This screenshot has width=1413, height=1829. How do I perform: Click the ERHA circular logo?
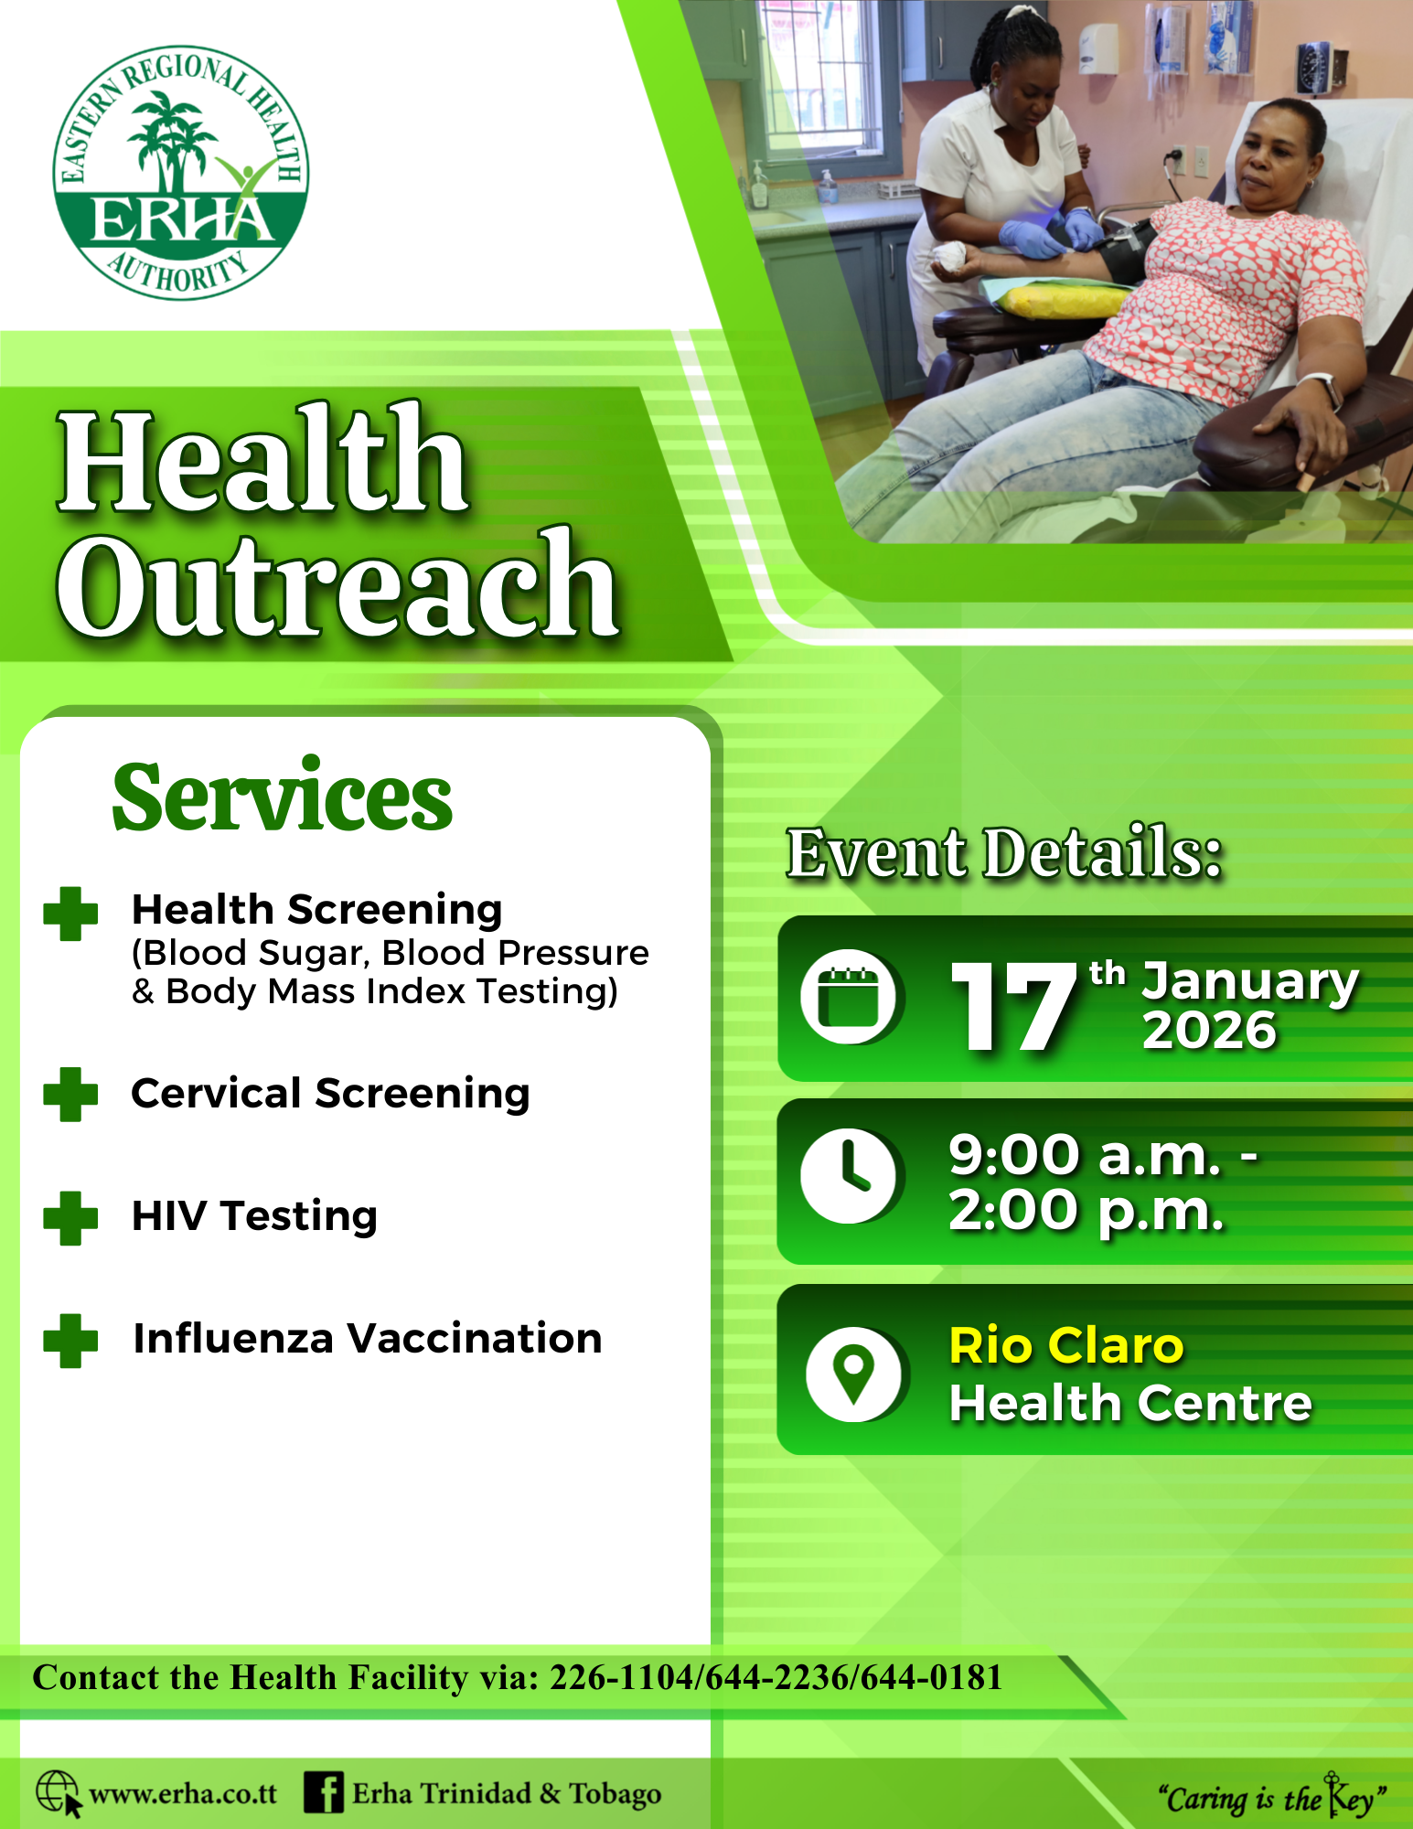click(x=181, y=173)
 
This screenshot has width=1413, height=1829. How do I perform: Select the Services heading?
click(x=282, y=796)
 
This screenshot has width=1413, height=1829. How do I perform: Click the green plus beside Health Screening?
click(x=70, y=914)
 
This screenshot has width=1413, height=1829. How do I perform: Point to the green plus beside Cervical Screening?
click(x=70, y=1095)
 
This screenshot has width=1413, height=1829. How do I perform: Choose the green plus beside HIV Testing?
click(x=70, y=1218)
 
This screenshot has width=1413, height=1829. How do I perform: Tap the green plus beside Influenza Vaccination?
click(x=70, y=1341)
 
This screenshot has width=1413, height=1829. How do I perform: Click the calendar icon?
click(x=848, y=998)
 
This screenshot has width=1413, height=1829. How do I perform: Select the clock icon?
click(x=848, y=1175)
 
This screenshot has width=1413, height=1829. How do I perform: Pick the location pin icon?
click(x=853, y=1374)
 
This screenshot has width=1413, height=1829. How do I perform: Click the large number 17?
click(x=1013, y=1006)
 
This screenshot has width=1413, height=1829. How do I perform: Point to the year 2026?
click(x=1209, y=1031)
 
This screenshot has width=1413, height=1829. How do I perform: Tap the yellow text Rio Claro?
click(x=1066, y=1346)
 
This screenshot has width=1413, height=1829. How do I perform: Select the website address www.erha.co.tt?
click(x=183, y=1793)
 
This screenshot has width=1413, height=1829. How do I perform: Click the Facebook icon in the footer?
click(x=324, y=1792)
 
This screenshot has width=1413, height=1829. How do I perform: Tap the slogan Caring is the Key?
click(x=1272, y=1797)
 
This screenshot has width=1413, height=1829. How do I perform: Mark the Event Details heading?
click(x=1004, y=852)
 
